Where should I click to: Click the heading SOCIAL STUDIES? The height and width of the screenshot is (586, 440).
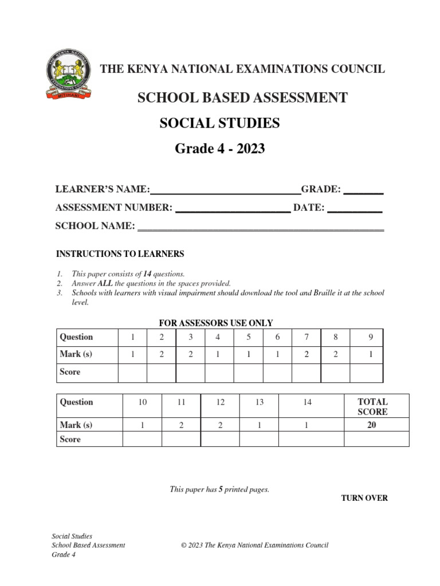pyautogui.click(x=220, y=123)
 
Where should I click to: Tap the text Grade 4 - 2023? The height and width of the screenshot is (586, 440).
pyautogui.click(x=220, y=149)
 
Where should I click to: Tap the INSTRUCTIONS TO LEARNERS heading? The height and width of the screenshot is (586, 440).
pyautogui.click(x=120, y=254)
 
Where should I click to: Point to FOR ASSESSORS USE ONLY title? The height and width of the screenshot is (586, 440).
pyautogui.click(x=216, y=323)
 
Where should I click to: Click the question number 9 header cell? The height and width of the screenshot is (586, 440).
pyautogui.click(x=371, y=337)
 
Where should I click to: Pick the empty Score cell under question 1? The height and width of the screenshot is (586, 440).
pyautogui.click(x=132, y=373)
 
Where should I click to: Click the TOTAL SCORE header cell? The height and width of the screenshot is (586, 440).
pyautogui.click(x=372, y=406)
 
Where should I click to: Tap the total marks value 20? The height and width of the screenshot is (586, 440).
pyautogui.click(x=372, y=425)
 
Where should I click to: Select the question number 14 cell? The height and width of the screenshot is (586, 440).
pyautogui.click(x=308, y=402)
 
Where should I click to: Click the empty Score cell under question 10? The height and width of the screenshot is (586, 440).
pyautogui.click(x=143, y=439)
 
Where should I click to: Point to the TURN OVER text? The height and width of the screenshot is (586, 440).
pyautogui.click(x=364, y=498)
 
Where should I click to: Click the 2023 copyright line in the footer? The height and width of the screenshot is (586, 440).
pyautogui.click(x=254, y=545)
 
